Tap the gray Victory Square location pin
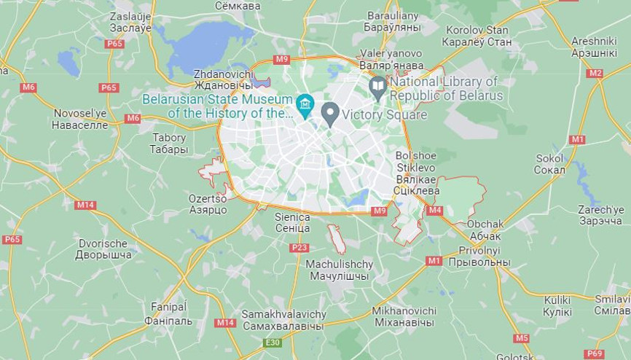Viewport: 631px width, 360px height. click(x=330, y=113)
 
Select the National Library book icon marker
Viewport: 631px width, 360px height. click(x=377, y=87)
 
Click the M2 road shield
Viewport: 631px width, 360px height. click(x=595, y=74)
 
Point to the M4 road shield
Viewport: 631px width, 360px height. click(x=435, y=211)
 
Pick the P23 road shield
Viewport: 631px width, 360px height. click(x=299, y=248)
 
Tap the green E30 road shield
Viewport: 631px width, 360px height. click(x=273, y=343)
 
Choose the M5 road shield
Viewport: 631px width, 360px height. click(x=521, y=338)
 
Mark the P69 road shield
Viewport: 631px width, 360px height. click(x=595, y=353)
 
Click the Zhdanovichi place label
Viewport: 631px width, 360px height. click(x=223, y=79)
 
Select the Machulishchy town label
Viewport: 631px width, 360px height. click(x=340, y=270)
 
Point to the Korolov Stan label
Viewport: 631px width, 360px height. click(x=477, y=36)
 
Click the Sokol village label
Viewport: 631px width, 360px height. click(x=549, y=164)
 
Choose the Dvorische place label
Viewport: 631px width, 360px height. click(x=103, y=249)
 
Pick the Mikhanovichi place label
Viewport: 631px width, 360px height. click(x=404, y=316)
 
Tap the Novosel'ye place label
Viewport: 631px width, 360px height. click(x=81, y=119)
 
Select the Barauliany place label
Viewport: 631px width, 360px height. click(x=393, y=20)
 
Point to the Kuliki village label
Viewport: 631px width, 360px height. click(x=557, y=305)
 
